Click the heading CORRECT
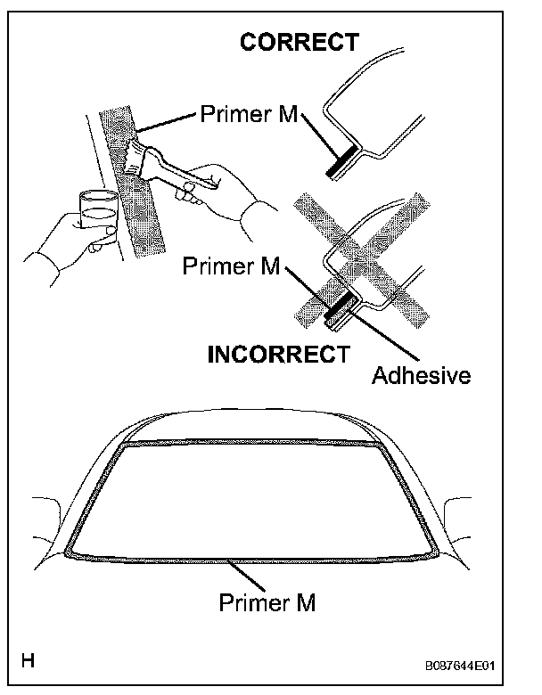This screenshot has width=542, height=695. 300,42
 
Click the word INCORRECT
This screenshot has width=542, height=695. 278,354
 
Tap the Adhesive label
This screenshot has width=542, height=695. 421,374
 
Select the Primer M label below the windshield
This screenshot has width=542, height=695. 267,603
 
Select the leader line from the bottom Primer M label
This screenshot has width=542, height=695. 249,575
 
